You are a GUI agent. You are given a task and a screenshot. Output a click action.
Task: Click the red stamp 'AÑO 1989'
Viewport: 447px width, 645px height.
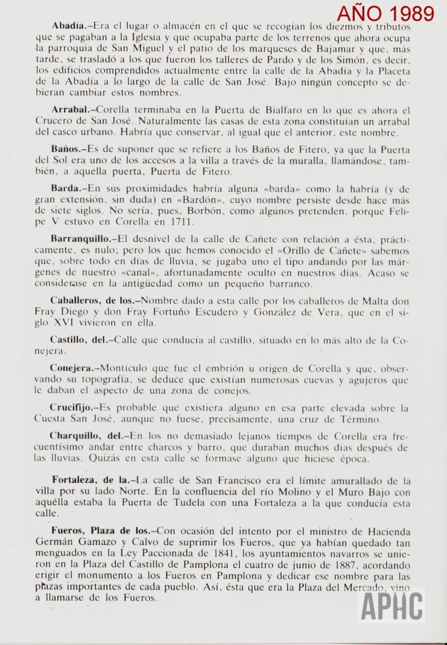click(x=385, y=14)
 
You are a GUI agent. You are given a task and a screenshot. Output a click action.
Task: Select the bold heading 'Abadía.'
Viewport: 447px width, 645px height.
click(x=69, y=26)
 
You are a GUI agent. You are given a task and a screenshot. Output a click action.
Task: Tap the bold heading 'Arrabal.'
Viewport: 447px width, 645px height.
click(x=70, y=109)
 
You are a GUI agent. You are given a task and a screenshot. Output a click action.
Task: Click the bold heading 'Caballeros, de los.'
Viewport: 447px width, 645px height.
click(x=95, y=300)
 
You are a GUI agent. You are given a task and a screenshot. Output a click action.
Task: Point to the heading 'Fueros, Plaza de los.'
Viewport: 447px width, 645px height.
click(x=103, y=530)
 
